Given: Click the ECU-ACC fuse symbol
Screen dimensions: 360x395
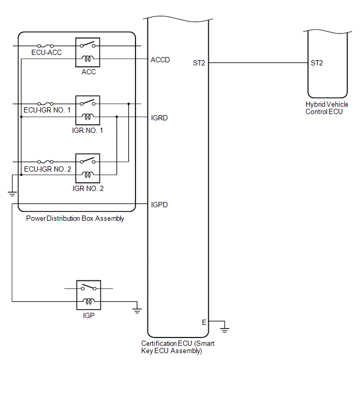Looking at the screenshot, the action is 46,46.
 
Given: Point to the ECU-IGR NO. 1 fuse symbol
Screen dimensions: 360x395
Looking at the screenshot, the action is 46,104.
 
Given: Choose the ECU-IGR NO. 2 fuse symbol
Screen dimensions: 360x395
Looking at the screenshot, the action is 46,162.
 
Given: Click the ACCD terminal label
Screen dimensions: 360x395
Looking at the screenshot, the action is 160,60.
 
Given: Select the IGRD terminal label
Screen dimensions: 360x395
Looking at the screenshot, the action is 159,118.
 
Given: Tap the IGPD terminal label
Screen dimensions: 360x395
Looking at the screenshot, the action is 159,205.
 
